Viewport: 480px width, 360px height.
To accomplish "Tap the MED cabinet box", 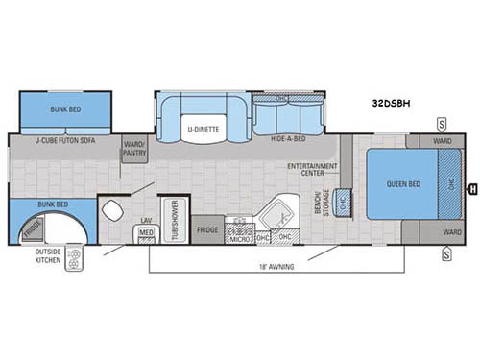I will [147, 231].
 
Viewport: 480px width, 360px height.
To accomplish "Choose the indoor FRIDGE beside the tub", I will [207, 230].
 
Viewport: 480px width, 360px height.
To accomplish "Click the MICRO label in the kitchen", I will [237, 237].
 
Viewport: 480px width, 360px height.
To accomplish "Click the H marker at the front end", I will [471, 189].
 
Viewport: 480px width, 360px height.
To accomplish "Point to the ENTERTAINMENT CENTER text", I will [308, 169].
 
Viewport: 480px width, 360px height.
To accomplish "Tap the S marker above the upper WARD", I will [441, 124].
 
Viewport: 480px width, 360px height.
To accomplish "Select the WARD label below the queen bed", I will [452, 231].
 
